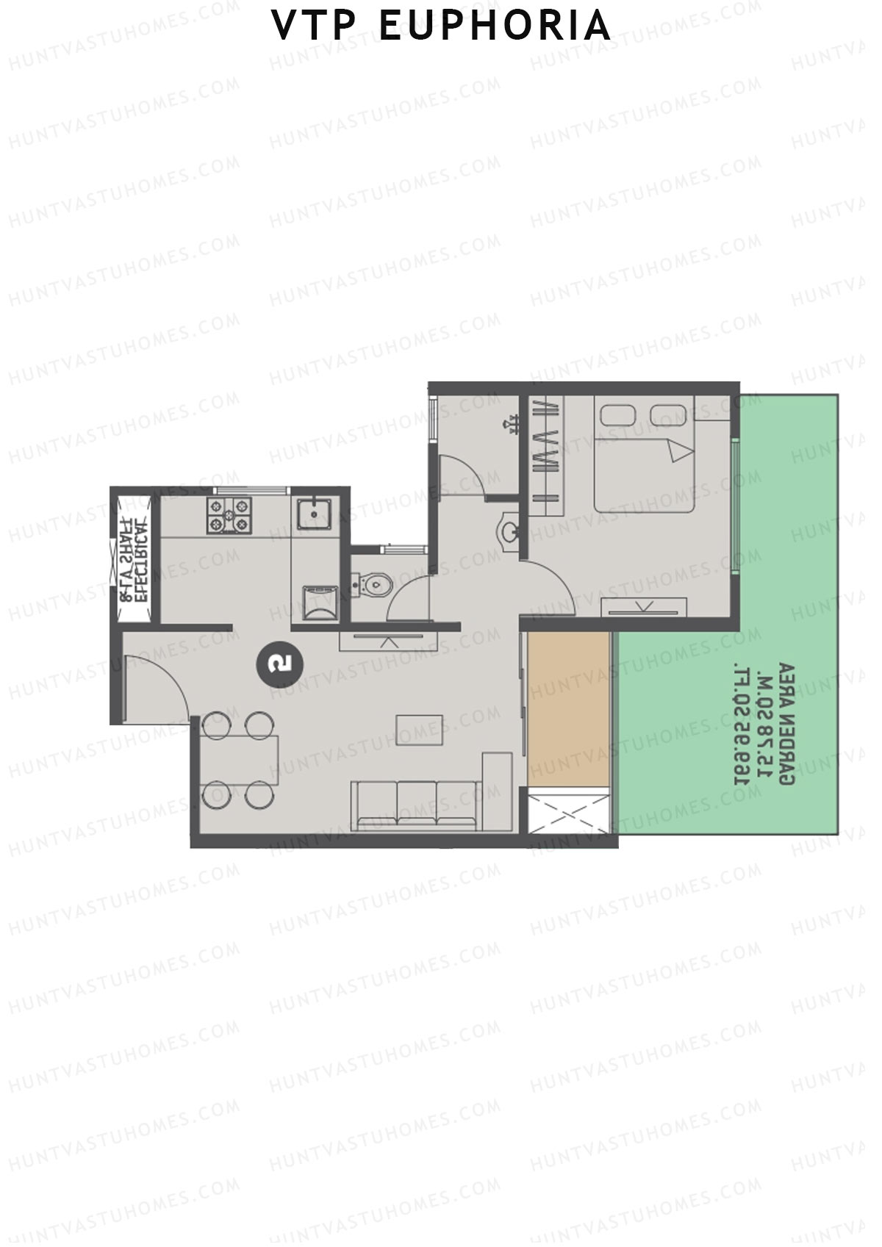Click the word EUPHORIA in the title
(x=495, y=26)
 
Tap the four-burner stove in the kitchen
(x=229, y=514)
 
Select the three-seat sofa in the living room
(x=417, y=805)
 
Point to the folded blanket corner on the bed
(x=679, y=449)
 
